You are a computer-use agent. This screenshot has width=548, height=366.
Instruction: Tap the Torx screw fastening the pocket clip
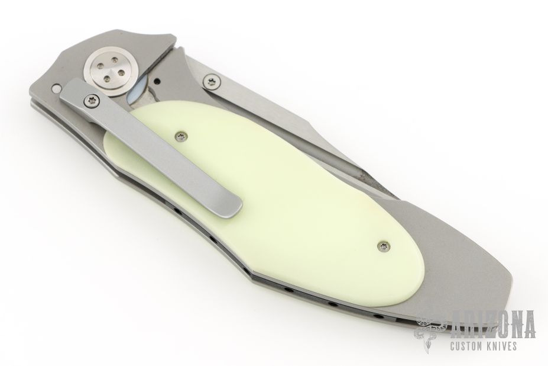89,101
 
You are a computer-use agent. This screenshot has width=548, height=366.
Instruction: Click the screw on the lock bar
212,82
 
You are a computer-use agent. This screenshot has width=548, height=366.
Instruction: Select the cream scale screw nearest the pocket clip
180,136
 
